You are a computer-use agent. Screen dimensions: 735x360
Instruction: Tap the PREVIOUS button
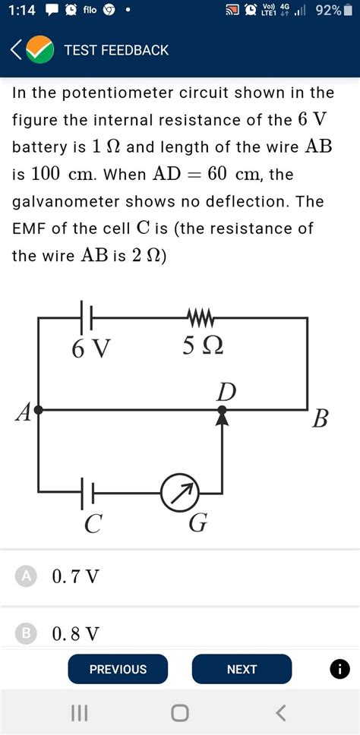tap(118, 669)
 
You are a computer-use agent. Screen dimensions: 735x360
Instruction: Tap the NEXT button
tap(242, 669)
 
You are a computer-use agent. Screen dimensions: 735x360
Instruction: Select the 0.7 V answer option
tap(75, 576)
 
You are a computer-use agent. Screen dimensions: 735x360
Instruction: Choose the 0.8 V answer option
tap(75, 632)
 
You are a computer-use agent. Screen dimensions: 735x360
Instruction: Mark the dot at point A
tap(38, 409)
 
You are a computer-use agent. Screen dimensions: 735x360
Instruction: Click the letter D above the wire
tap(226, 392)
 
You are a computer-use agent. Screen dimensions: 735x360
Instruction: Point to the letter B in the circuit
tap(321, 418)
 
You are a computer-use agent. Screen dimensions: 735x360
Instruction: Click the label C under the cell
tap(93, 524)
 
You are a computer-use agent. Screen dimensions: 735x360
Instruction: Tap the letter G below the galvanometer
tap(197, 524)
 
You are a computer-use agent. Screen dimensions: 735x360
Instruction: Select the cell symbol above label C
tap(87, 493)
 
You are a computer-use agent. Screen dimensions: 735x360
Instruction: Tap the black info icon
tap(340, 669)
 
